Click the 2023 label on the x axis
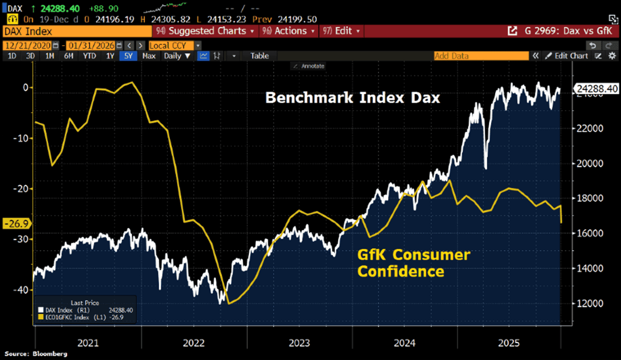[x=299, y=343]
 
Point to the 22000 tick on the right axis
[x=587, y=129]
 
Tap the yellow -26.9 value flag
[x=17, y=224]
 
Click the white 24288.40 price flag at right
[x=597, y=89]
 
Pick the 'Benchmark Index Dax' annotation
[x=352, y=98]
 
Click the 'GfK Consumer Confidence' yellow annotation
[x=413, y=263]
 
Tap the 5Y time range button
[x=128, y=56]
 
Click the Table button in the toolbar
[x=259, y=56]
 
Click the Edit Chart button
[x=567, y=56]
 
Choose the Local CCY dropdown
[x=172, y=46]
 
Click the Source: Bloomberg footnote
[x=36, y=354]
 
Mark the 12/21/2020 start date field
[x=28, y=46]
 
